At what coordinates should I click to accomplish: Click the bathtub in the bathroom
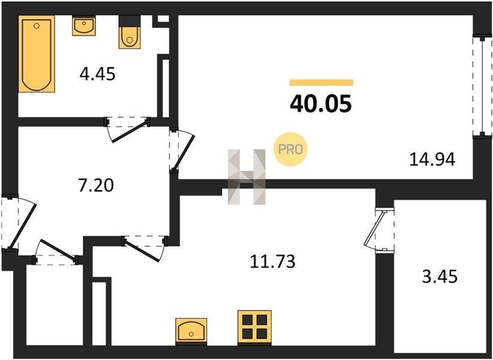point(37,54)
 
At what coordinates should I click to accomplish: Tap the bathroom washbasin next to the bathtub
point(84,26)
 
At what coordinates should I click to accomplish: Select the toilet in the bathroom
point(130,32)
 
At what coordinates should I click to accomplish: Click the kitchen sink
point(191,330)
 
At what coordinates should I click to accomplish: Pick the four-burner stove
point(255,327)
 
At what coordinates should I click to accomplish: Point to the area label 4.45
point(97,74)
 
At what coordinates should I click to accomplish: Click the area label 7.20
point(96,185)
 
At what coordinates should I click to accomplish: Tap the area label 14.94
point(432,160)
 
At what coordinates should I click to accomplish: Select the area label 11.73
point(273,262)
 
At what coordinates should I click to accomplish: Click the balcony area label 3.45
point(440,277)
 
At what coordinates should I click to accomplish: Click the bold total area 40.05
point(321,104)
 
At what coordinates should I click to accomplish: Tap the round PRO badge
point(290,149)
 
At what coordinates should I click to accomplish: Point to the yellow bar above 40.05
point(321,83)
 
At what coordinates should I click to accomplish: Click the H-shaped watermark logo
point(247,177)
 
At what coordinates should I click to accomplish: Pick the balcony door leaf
point(374,229)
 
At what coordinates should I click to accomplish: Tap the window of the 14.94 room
point(482,86)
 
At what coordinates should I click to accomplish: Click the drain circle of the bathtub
point(37,26)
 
